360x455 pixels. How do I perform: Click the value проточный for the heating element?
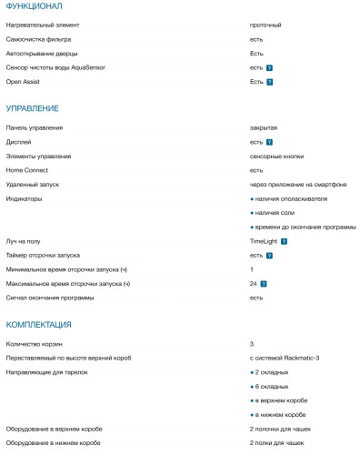[265, 26]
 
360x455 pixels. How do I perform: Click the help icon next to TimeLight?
[285, 241]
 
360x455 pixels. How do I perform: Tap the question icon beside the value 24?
[265, 284]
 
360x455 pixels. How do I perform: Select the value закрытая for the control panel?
[264, 128]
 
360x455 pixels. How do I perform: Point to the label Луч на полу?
[25, 241]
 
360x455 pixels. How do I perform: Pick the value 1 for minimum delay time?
[252, 269]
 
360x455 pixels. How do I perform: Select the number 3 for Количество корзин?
[252, 344]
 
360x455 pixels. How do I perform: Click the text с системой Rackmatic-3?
[285, 358]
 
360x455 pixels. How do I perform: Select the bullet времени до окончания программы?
[305, 227]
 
